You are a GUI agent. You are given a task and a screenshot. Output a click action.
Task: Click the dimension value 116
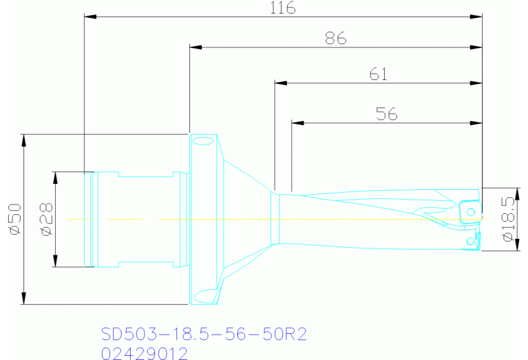(x=282, y=8)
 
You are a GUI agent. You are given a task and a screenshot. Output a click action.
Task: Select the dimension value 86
(x=335, y=39)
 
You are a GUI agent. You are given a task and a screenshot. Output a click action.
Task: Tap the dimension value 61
(x=379, y=74)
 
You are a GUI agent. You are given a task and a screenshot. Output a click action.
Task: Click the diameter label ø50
(x=12, y=220)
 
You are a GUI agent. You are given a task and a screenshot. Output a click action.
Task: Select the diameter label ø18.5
(x=509, y=219)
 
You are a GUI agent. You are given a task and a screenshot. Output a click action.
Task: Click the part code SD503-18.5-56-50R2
(x=203, y=335)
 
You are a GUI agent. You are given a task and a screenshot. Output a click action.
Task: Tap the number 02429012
(x=144, y=353)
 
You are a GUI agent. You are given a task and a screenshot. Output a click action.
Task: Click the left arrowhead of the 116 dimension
(x=90, y=16)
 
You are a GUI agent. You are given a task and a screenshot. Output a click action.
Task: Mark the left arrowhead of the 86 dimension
(x=196, y=47)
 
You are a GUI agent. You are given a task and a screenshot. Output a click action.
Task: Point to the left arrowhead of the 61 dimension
(x=281, y=83)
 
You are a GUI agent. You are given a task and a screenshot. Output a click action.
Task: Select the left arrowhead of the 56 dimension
(x=297, y=123)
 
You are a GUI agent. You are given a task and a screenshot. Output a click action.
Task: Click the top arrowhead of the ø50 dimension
(x=24, y=140)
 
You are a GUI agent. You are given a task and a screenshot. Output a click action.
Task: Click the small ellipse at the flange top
(x=203, y=142)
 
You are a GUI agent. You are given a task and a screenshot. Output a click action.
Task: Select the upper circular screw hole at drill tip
(x=472, y=209)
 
